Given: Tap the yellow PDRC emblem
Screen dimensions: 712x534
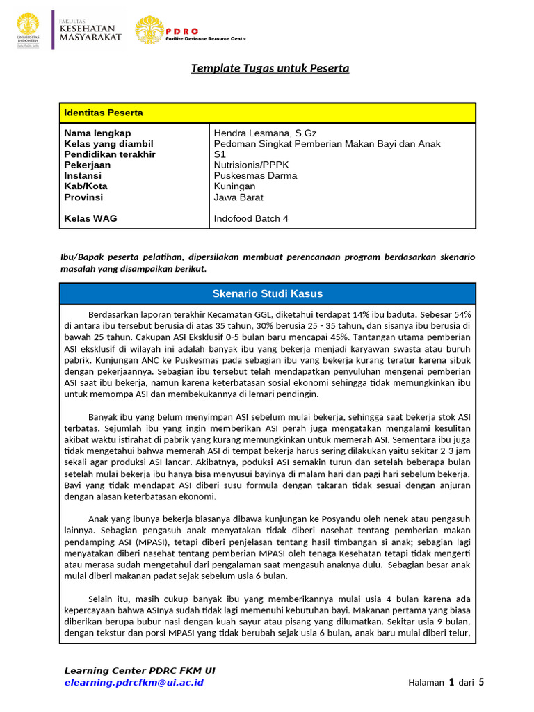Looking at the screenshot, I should [x=149, y=30].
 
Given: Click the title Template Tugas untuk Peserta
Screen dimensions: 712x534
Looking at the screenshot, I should [x=270, y=68].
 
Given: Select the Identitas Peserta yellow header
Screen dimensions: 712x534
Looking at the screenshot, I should [x=104, y=113].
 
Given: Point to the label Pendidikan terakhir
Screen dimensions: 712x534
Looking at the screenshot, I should [x=110, y=154].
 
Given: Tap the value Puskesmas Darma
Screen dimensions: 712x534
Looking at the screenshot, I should [x=255, y=176].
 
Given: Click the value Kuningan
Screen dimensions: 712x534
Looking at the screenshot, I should [x=234, y=186].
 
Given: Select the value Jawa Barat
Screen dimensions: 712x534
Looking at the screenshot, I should [x=238, y=197].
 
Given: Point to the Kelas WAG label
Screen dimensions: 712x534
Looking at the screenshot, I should [x=90, y=218].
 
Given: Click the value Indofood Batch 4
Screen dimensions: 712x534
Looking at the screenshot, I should [x=251, y=218].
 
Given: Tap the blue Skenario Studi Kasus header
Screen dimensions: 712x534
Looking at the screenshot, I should [x=267, y=293].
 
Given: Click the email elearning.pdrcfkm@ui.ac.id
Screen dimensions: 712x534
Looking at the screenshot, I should [x=133, y=682].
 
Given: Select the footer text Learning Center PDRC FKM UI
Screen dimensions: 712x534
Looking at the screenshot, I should [x=140, y=670].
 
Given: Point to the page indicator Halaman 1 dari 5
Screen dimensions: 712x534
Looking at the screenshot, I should [x=446, y=682].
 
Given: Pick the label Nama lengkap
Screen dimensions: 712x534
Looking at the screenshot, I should [x=97, y=133].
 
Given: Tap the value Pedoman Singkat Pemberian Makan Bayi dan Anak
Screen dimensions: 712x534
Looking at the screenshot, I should [x=327, y=144].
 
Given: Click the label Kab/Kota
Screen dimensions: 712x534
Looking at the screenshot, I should [x=86, y=186].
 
